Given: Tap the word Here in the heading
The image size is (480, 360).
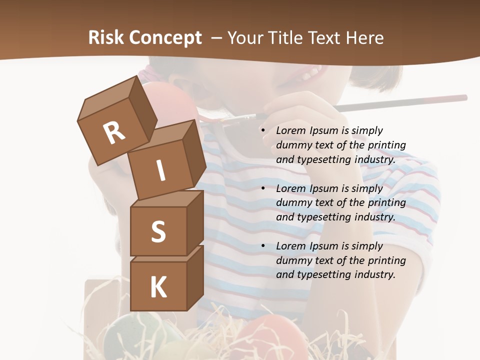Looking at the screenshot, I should [x=364, y=37].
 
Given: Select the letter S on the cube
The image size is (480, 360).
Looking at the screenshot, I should [x=158, y=231].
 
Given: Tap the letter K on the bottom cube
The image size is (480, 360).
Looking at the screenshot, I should [x=158, y=287].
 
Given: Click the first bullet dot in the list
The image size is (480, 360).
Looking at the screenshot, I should [x=263, y=130].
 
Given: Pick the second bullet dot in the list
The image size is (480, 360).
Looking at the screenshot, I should [x=263, y=188].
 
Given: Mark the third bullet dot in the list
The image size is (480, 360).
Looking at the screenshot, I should [x=263, y=246].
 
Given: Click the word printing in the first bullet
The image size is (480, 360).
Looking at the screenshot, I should [x=386, y=145].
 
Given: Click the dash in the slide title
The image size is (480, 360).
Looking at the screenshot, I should [x=217, y=38].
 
